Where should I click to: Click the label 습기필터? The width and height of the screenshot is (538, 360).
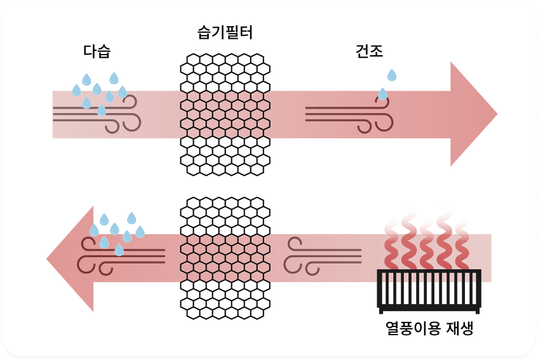(x=225, y=32)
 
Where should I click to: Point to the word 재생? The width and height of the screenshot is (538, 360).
(x=459, y=329)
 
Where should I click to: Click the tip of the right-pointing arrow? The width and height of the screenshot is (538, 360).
(x=496, y=114)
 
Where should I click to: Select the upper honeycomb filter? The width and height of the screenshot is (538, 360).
(x=225, y=114)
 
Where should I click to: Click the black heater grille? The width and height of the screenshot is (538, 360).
(x=429, y=290)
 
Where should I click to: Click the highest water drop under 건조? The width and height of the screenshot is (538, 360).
(x=392, y=76)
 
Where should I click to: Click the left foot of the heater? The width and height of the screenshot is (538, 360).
(x=382, y=310)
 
